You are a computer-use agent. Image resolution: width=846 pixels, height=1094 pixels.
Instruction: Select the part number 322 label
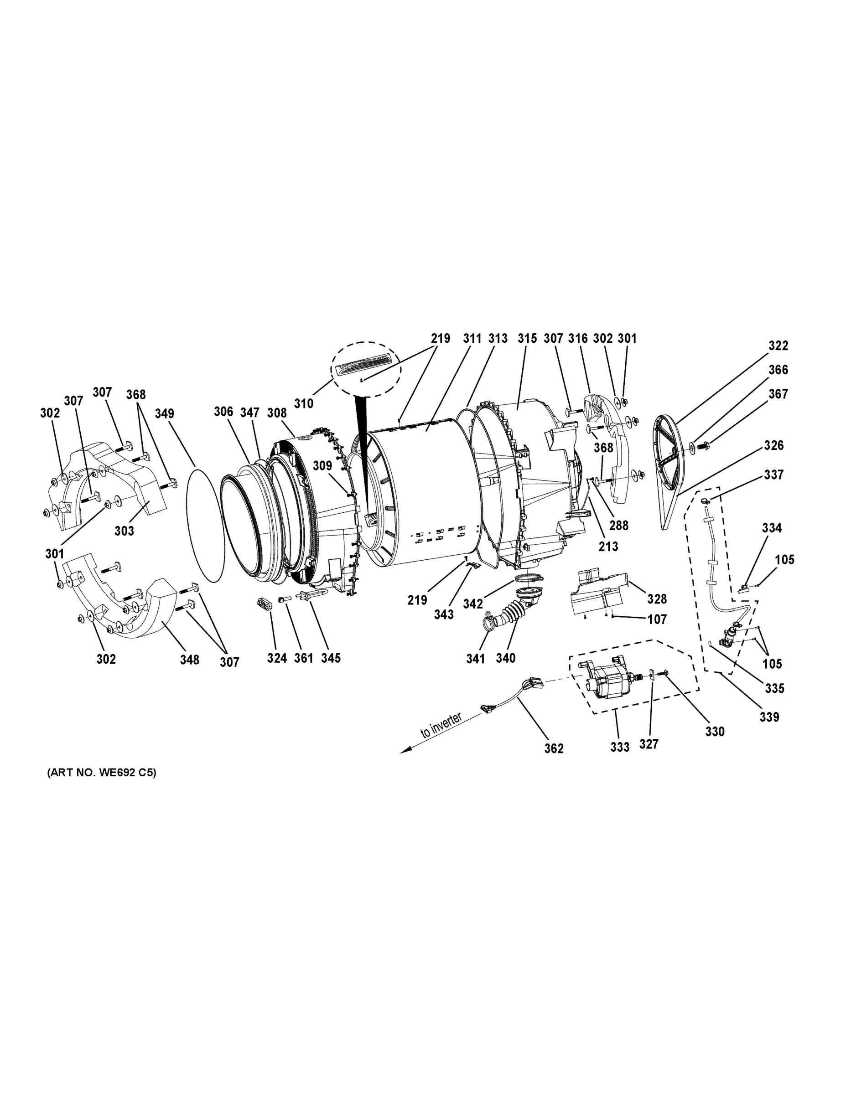779,346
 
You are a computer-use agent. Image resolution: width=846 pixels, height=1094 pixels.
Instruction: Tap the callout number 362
554,748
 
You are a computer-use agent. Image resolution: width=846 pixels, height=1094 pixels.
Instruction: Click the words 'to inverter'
441,725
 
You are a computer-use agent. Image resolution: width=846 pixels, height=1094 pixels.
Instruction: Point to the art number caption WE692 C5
102,773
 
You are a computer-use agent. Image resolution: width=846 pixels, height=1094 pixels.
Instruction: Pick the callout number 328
657,599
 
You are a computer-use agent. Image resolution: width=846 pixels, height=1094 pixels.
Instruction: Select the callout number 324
277,658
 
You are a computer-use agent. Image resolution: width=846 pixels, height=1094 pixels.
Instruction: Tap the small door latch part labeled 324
264,604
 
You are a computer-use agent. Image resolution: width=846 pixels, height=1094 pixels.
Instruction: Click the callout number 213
608,547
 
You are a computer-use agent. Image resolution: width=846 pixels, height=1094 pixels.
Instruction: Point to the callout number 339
769,717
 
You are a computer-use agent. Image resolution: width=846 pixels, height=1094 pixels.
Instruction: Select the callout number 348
189,660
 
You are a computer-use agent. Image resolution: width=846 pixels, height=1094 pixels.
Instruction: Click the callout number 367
779,394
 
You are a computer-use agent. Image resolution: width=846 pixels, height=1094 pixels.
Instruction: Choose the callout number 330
715,732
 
